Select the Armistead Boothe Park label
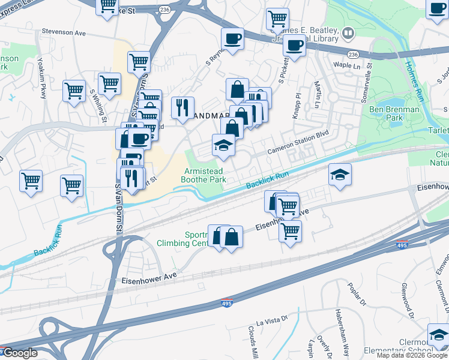pyautogui.click(x=204, y=175)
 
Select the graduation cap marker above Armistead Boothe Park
pyautogui.click(x=223, y=145)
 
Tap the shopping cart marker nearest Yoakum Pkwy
pyautogui.click(x=74, y=91)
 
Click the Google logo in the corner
pyautogui.click(x=20, y=353)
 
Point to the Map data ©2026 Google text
pyautogui.click(x=412, y=355)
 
